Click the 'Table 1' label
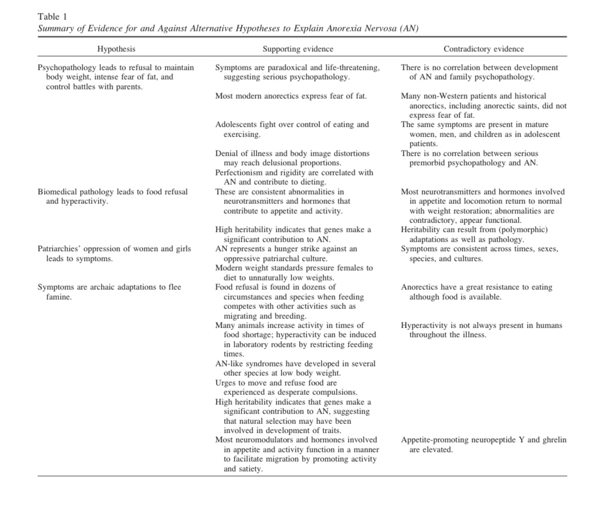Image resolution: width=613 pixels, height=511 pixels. click(52, 16)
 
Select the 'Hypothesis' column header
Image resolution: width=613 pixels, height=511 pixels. click(116, 49)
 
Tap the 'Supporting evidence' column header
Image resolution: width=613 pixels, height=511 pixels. click(297, 49)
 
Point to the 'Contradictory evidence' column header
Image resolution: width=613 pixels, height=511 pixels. click(483, 49)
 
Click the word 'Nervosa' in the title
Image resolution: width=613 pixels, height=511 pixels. click(378, 28)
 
